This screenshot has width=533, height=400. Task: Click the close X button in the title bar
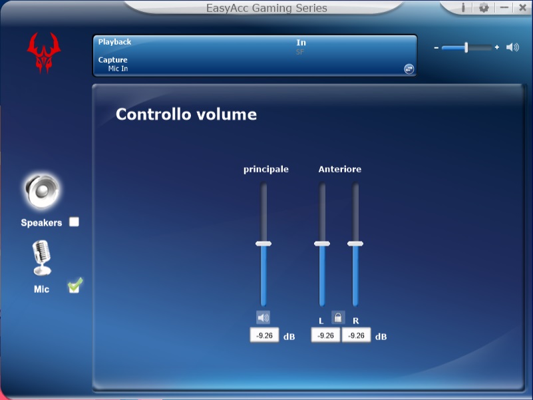coord(523,7)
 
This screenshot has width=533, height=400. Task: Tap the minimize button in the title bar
coord(504,7)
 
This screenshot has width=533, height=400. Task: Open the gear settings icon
coord(484,7)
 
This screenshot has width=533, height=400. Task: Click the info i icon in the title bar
coord(463,7)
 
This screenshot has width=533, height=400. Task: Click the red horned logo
coord(43,53)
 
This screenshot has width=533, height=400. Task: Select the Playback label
coord(114,42)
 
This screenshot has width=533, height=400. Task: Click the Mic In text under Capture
coord(118,69)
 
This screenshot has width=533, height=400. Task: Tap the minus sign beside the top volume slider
coord(436,48)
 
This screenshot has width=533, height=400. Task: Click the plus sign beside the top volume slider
coord(497,47)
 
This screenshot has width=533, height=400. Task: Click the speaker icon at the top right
coord(512,47)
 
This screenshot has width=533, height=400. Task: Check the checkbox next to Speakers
coord(74,222)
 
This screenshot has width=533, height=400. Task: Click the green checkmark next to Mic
coord(75,286)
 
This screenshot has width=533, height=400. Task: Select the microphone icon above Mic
coord(41,258)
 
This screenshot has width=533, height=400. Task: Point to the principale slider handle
coord(264,244)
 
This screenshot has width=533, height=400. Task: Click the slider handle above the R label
coord(355,244)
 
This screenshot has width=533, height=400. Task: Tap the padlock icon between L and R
coord(338,317)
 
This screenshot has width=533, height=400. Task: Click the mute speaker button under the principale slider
coord(263,317)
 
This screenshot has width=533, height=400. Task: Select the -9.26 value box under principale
coord(264,335)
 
